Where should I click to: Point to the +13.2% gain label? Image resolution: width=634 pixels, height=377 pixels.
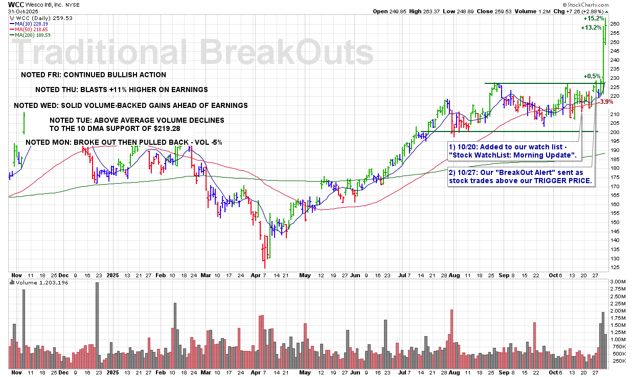[591, 28]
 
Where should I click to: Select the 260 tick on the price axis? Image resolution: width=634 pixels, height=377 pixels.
[615, 24]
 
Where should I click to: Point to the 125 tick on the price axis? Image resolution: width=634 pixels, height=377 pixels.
[615, 267]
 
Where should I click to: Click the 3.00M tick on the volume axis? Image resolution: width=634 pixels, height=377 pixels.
[617, 282]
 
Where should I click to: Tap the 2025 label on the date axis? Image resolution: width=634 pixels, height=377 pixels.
[112, 274]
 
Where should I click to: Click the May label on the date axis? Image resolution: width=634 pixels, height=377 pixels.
[305, 274]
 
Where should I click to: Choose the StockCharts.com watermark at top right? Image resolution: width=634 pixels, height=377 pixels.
[604, 4]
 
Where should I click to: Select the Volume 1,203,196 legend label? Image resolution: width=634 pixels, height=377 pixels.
[42, 282]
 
